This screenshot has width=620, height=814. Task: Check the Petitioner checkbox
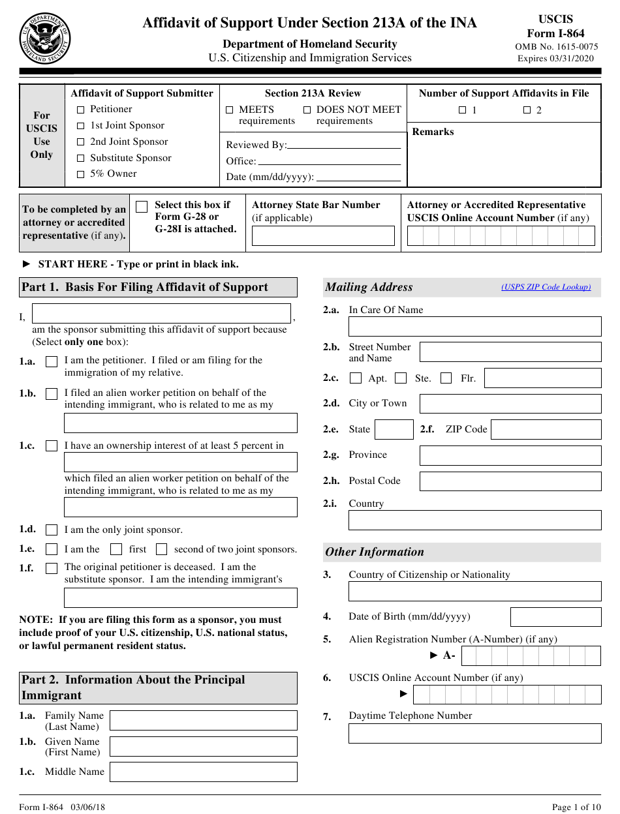click(81, 110)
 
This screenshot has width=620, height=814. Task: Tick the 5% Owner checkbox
click(81, 174)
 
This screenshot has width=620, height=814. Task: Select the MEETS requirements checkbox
click(230, 110)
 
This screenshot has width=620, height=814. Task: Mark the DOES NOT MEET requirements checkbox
click(307, 110)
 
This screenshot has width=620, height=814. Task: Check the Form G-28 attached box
click(142, 207)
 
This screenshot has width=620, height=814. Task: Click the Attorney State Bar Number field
click(323, 235)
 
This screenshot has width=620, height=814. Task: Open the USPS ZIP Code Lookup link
click(546, 287)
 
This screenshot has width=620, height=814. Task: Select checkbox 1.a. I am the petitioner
click(52, 361)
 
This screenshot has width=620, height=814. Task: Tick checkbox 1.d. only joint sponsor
click(52, 530)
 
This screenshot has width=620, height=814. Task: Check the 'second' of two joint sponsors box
click(162, 549)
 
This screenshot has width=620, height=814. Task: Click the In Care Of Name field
click(474, 327)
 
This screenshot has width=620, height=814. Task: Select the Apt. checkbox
click(356, 378)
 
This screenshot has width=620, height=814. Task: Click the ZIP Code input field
click(546, 429)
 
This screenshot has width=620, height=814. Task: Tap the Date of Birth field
click(555, 617)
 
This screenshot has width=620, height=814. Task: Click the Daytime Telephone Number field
click(474, 733)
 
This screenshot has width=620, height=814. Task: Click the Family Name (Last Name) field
click(203, 721)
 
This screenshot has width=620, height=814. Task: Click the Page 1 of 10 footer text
click(576, 807)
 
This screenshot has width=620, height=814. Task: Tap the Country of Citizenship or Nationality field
click(474, 592)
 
